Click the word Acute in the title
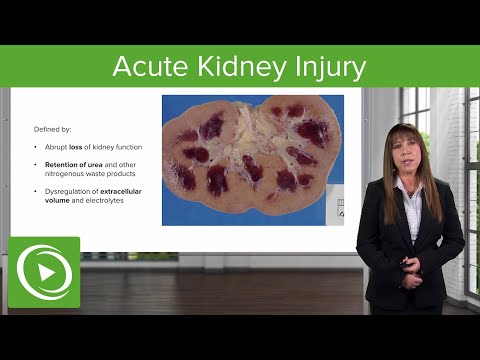click(x=146, y=67)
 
